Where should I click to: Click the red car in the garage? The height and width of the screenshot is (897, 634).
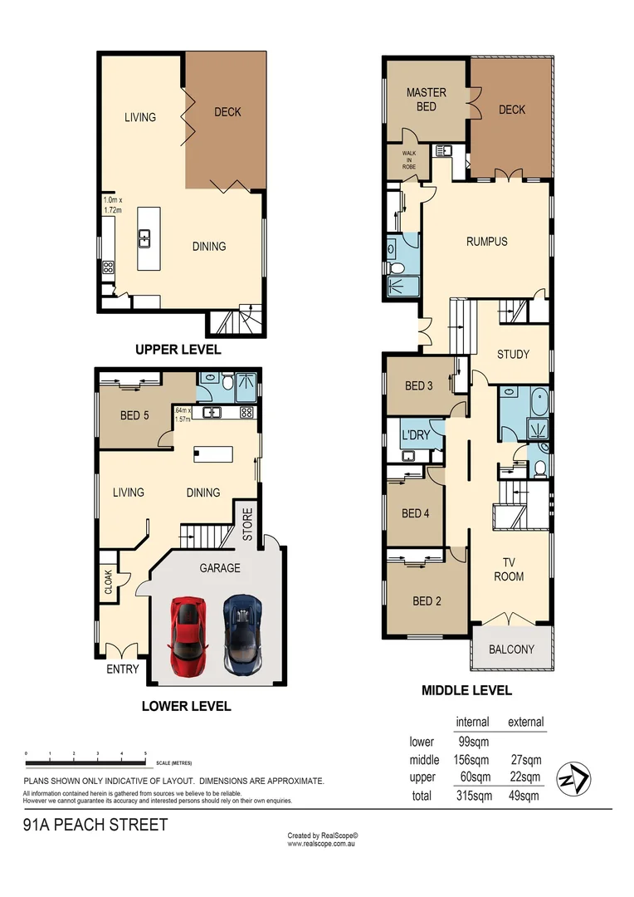point(188,635)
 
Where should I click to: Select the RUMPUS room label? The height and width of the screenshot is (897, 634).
point(486,242)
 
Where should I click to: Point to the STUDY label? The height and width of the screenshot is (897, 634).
point(513,354)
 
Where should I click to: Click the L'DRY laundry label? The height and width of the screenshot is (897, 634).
point(413,434)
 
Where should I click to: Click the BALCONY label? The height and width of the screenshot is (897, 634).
point(511,649)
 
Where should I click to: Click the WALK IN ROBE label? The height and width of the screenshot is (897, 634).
point(409,160)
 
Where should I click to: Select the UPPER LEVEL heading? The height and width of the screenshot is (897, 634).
point(178,350)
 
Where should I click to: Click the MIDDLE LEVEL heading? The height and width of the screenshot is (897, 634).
point(466,690)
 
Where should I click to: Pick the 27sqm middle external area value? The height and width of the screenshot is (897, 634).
point(524,759)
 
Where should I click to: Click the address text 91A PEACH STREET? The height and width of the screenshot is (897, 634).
point(95,825)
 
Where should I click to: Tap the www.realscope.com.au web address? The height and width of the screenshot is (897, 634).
point(322,844)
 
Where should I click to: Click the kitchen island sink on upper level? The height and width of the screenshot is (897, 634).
point(145,238)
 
